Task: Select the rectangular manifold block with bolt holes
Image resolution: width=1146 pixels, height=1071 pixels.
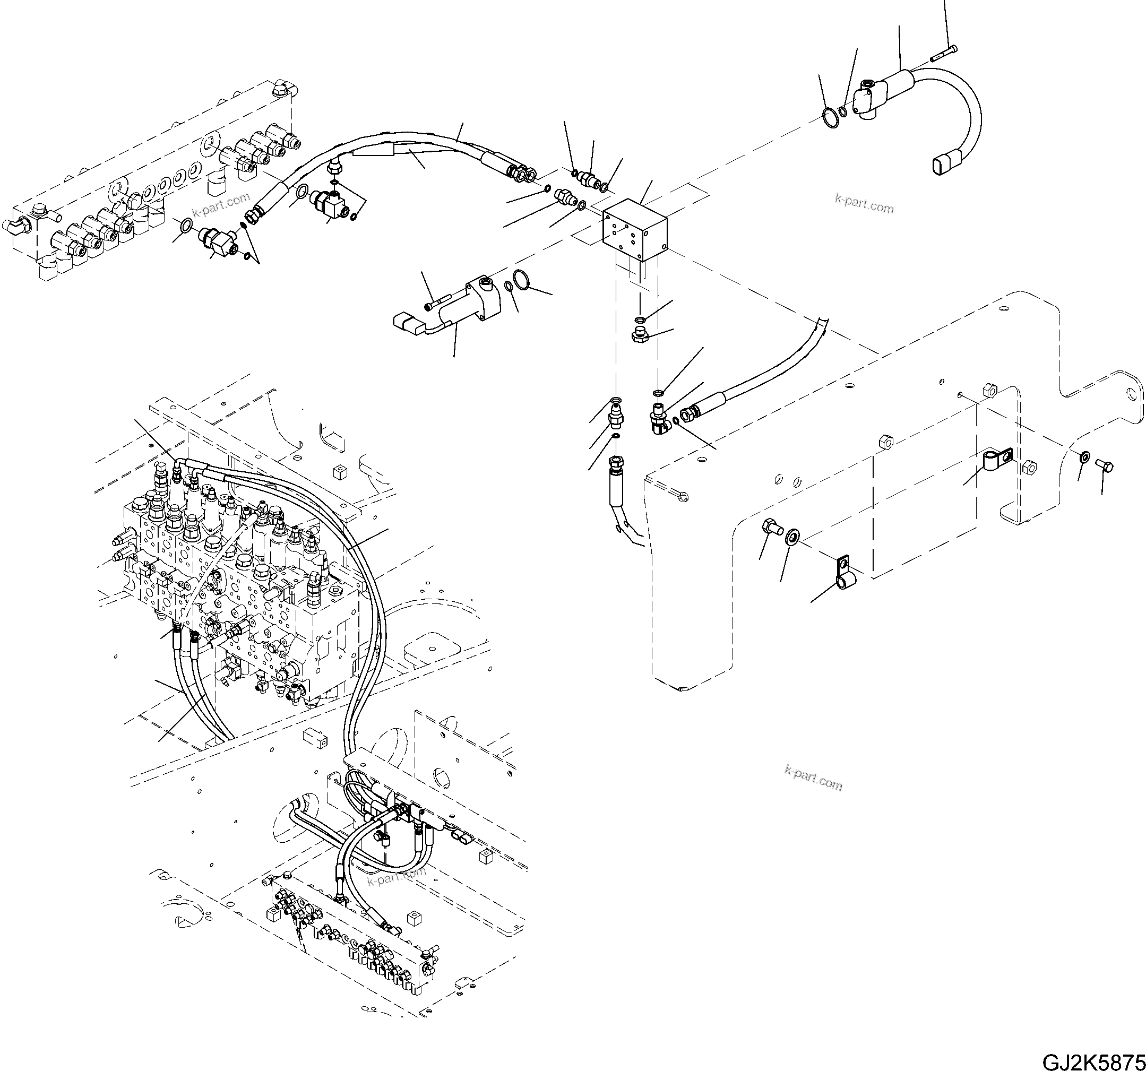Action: pyautogui.click(x=635, y=230)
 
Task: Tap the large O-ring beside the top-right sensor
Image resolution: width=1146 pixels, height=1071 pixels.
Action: pyautogui.click(x=831, y=118)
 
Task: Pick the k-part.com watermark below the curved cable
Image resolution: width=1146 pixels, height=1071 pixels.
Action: pyautogui.click(x=864, y=203)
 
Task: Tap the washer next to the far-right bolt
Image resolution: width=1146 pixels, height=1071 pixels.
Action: pyautogui.click(x=1084, y=457)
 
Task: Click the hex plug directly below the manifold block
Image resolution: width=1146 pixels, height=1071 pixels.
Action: pyautogui.click(x=639, y=335)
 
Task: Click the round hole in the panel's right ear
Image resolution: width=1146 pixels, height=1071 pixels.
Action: pyautogui.click(x=1133, y=394)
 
